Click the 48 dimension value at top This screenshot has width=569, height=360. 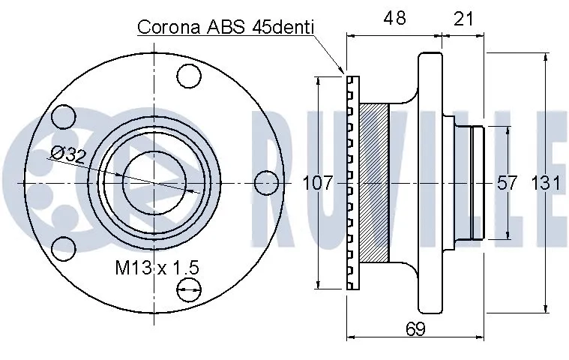394,17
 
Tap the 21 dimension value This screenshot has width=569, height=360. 463,19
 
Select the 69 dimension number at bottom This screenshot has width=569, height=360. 415,328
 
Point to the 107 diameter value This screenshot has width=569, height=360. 318,182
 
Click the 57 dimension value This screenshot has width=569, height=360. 506,182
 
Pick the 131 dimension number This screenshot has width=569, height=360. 547,182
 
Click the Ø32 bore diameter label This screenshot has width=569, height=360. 68,155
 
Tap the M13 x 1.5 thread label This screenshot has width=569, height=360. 157,268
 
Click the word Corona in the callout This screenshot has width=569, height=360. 169,27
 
